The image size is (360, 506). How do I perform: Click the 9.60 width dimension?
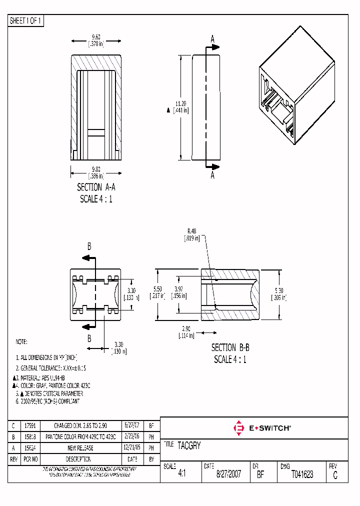pos(95,39)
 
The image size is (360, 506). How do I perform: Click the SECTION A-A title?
pos(96,187)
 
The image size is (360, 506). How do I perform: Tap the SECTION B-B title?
pos(230,347)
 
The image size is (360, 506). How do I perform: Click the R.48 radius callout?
pos(192,234)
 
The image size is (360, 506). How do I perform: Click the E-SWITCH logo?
pos(262,428)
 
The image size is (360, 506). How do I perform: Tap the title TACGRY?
pos(189,445)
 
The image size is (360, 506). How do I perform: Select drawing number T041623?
pos(302,474)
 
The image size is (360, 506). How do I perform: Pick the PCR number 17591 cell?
pos(31,426)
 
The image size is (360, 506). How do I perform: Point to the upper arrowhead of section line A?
pos(215,47)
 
